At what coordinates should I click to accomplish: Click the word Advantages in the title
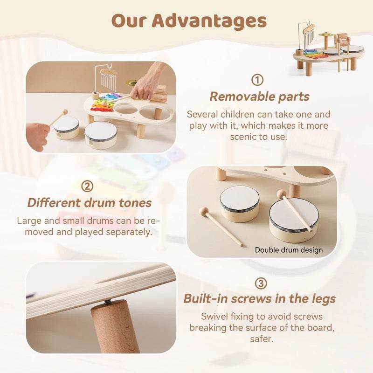click(x=209, y=21)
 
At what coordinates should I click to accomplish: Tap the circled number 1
click(x=257, y=80)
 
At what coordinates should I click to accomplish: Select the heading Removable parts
click(x=259, y=97)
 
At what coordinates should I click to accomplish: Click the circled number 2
click(x=87, y=186)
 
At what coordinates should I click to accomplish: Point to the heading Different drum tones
click(x=90, y=203)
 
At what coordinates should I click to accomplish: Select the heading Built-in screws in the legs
click(x=260, y=298)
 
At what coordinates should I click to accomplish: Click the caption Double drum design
click(x=289, y=250)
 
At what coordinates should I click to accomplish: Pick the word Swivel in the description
click(x=215, y=317)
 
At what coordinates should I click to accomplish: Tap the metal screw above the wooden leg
click(x=106, y=303)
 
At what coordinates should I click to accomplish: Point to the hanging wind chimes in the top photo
click(x=108, y=79)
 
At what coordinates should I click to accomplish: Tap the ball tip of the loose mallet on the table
click(x=203, y=211)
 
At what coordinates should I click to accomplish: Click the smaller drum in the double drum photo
click(x=240, y=203)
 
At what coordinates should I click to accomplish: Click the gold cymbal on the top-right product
click(x=325, y=35)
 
